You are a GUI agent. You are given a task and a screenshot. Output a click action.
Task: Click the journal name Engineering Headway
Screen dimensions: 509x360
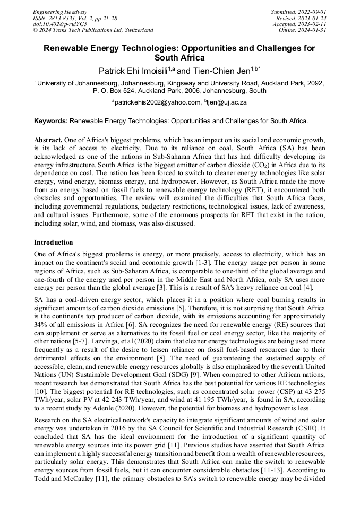[60, 12]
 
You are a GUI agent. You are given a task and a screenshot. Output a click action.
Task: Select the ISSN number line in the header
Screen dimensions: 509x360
[75, 18]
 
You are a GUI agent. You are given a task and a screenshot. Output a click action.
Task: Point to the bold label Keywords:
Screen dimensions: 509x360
[51, 121]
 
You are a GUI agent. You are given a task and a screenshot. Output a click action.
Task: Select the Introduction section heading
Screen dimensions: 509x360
[53, 242]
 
